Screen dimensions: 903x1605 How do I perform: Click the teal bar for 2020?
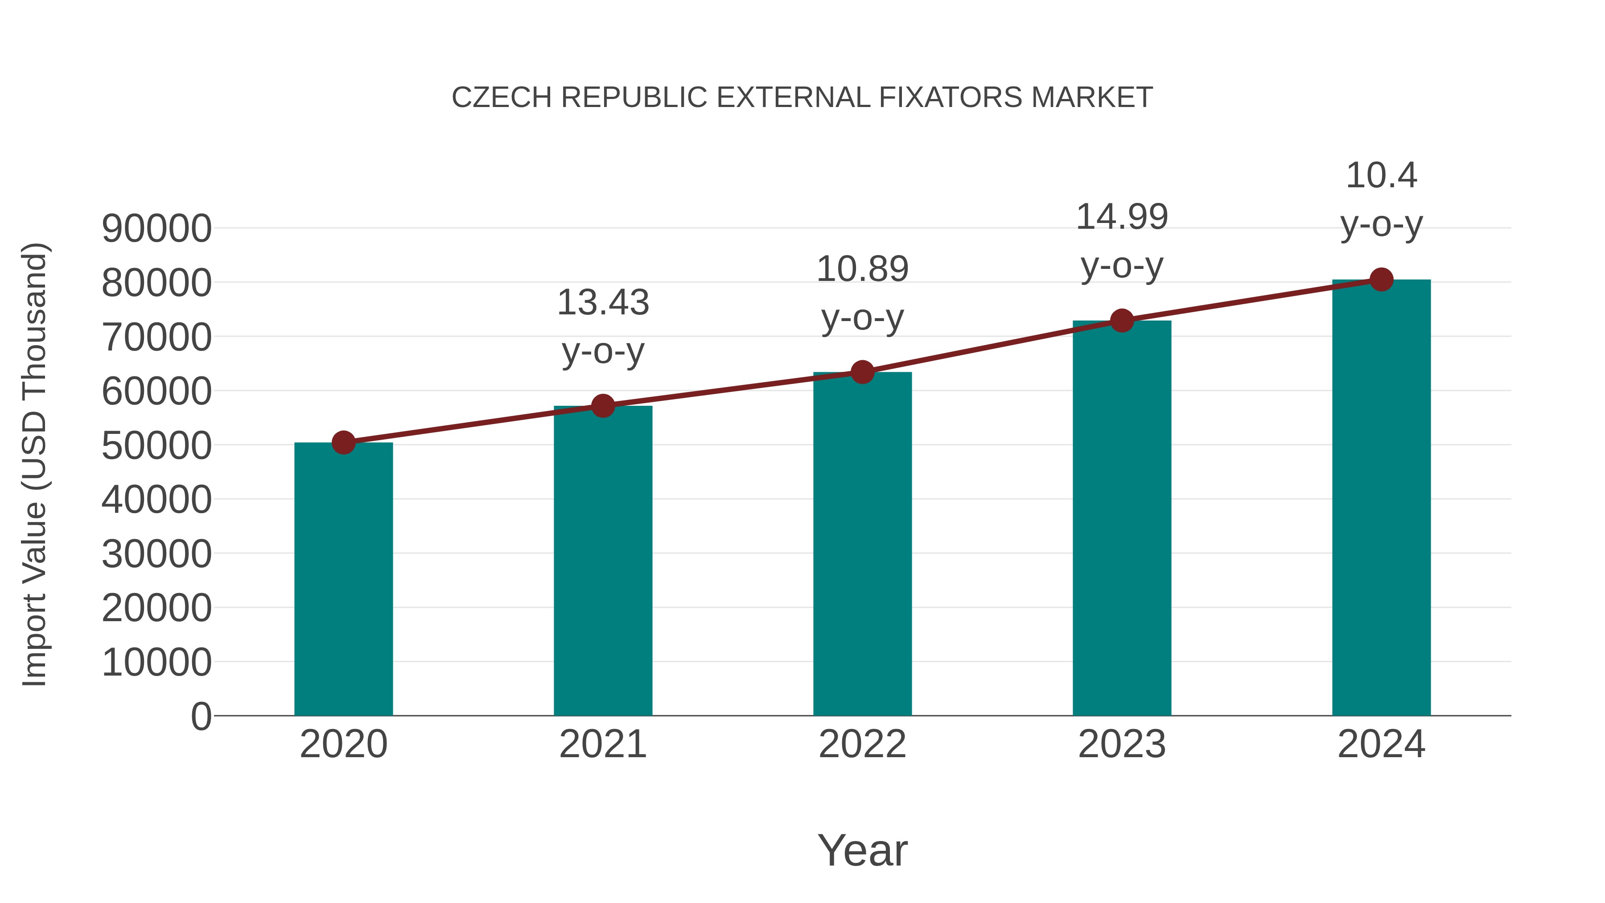(343, 580)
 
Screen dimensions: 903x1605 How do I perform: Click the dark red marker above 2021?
(602, 406)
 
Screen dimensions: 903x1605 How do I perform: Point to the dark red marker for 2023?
(1122, 321)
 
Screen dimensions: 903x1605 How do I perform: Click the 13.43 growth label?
(602, 303)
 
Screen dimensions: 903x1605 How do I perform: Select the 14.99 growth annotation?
(1122, 218)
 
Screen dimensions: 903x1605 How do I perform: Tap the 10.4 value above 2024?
(1381, 176)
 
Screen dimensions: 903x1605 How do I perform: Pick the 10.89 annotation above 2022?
(862, 269)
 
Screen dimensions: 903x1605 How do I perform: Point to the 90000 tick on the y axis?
(156, 229)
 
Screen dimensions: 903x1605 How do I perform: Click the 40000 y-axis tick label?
(156, 500)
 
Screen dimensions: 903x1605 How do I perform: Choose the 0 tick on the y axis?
(201, 716)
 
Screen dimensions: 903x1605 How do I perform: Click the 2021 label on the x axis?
(602, 744)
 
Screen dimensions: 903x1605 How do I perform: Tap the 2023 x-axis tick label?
(1122, 744)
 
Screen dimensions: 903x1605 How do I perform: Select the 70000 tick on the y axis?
(156, 338)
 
